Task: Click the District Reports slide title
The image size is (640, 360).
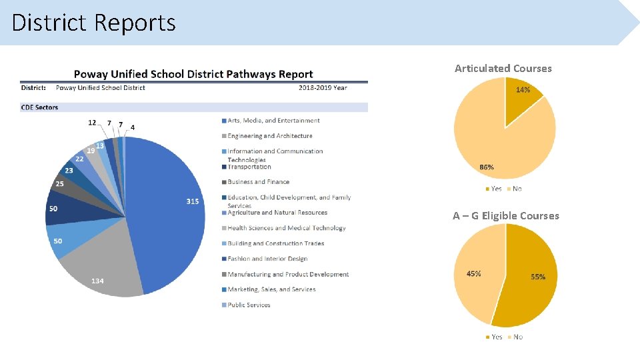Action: (x=93, y=23)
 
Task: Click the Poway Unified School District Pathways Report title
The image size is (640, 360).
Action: (x=193, y=74)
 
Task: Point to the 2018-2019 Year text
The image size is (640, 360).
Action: (x=323, y=87)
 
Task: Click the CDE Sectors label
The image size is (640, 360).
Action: (x=39, y=107)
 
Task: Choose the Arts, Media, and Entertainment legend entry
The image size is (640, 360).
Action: (x=273, y=121)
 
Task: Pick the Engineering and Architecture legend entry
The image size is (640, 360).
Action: (x=269, y=136)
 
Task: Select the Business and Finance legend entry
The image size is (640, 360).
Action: (x=258, y=182)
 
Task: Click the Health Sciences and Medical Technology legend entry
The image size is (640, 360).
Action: (x=286, y=228)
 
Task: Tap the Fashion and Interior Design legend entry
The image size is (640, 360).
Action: (x=267, y=259)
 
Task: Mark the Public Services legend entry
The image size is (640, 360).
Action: (x=249, y=305)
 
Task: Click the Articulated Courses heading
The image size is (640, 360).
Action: (x=503, y=68)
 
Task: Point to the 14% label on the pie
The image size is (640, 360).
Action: (x=523, y=90)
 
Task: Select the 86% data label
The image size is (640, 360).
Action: (x=487, y=167)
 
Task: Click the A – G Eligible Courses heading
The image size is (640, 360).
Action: (x=506, y=215)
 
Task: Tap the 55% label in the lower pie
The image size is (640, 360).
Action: (x=538, y=277)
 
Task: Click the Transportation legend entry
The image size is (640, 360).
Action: (x=249, y=167)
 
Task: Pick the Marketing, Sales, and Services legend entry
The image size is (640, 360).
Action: (x=271, y=289)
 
